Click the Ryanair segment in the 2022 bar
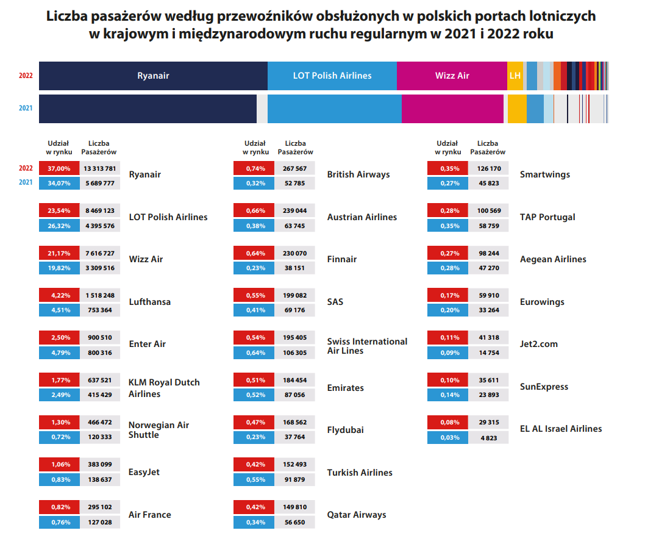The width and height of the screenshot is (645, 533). pos(153,76)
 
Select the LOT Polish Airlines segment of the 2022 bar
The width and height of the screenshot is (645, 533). pos(332,76)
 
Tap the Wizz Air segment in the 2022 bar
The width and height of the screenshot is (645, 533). pos(452,76)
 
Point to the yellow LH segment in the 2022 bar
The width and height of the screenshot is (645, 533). pos(515,76)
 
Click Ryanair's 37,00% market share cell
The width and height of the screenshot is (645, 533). pos(59,168)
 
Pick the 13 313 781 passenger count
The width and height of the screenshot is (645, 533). pos(101,168)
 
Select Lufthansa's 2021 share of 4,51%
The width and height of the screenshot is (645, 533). pos(59,310)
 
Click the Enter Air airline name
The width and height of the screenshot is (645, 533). pos(147,344)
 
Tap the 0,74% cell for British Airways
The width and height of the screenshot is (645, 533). pos(254,168)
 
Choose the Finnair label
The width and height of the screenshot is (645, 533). pos(342,259)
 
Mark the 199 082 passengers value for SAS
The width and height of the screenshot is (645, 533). pos(295,296)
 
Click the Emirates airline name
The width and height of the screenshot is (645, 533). pos(345,388)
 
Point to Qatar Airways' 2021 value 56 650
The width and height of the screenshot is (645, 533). pos(295,522)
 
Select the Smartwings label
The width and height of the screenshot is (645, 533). pos(544,174)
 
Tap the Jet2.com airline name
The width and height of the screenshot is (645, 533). pos(538,344)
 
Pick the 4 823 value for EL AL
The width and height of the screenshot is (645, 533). pos(488,437)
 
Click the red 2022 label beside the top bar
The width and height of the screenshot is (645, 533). pos(26,76)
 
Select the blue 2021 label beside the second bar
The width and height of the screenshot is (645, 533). pos(26,109)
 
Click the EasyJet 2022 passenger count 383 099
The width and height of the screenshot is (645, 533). pos(101,465)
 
